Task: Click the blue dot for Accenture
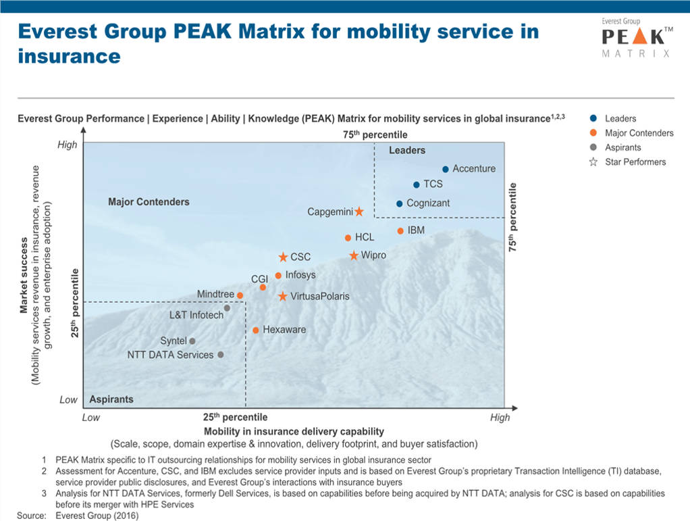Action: pyautogui.click(x=446, y=169)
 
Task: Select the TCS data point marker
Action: pyautogui.click(x=417, y=184)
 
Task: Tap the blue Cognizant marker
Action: pyautogui.click(x=399, y=203)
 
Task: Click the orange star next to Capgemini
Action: pyautogui.click(x=359, y=212)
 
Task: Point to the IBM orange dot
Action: pyautogui.click(x=400, y=231)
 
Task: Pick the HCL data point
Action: pyautogui.click(x=348, y=238)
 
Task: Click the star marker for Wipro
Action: pyautogui.click(x=354, y=255)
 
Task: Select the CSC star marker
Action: pyautogui.click(x=283, y=257)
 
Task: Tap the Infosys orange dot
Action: pyautogui.click(x=278, y=276)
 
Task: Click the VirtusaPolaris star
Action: pyautogui.click(x=283, y=297)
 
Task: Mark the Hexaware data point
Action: pyautogui.click(x=255, y=330)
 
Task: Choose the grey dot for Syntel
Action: pyautogui.click(x=192, y=341)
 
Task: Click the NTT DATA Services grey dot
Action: pyautogui.click(x=220, y=355)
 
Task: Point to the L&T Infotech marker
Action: pyautogui.click(x=227, y=308)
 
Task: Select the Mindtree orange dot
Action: pyautogui.click(x=240, y=295)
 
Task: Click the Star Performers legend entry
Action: pyautogui.click(x=629, y=162)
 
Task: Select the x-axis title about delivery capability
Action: pyautogui.click(x=294, y=431)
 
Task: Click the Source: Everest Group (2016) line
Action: pyautogui.click(x=78, y=516)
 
